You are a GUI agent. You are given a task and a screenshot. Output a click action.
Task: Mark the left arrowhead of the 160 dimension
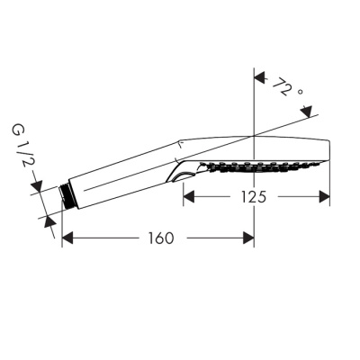coord(65,238)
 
